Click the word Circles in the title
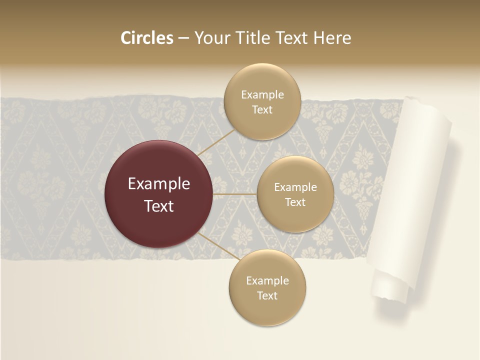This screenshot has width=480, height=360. pyautogui.click(x=146, y=38)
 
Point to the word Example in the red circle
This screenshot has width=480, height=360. pyautogui.click(x=159, y=184)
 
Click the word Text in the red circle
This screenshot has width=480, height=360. pyautogui.click(x=159, y=206)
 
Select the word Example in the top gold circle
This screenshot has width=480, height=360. pyautogui.click(x=262, y=94)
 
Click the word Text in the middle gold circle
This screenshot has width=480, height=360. pyautogui.click(x=295, y=202)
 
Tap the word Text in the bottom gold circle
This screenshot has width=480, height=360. pyautogui.click(x=267, y=295)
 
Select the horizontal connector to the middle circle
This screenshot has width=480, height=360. pyautogui.click(x=235, y=194)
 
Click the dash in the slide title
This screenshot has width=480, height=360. pyautogui.click(x=183, y=38)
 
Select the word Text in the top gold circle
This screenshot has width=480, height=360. pyautogui.click(x=262, y=109)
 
